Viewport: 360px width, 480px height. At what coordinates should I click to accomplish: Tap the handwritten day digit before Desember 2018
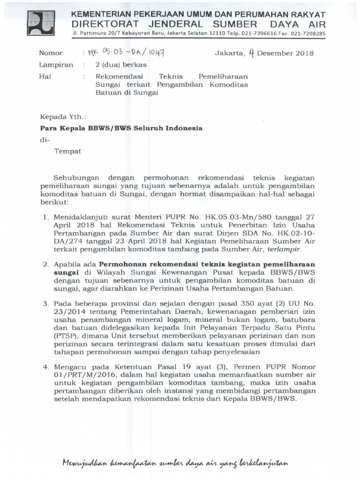pyautogui.click(x=251, y=53)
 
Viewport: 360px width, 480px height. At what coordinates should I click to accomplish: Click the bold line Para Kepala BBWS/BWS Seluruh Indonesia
pyautogui.click(x=121, y=127)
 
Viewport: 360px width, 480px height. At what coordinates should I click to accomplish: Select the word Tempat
pyautogui.click(x=68, y=151)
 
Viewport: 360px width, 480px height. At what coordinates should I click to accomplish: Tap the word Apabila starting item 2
pyautogui.click(x=68, y=264)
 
